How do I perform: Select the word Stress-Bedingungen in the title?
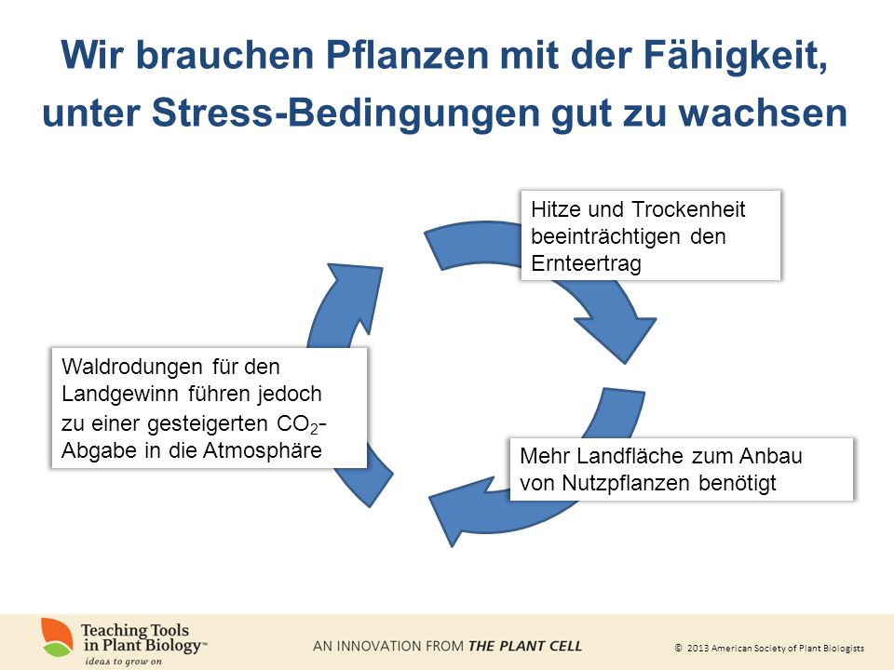pos(345,114)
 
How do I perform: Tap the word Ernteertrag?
pos(586,263)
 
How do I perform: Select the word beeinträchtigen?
pos(605,236)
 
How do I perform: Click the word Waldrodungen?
pos(131,367)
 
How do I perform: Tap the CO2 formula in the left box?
pos(297,424)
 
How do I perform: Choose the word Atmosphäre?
pos(263,450)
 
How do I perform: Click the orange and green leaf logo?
pos(57,637)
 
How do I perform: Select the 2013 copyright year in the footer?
pos(698,648)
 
